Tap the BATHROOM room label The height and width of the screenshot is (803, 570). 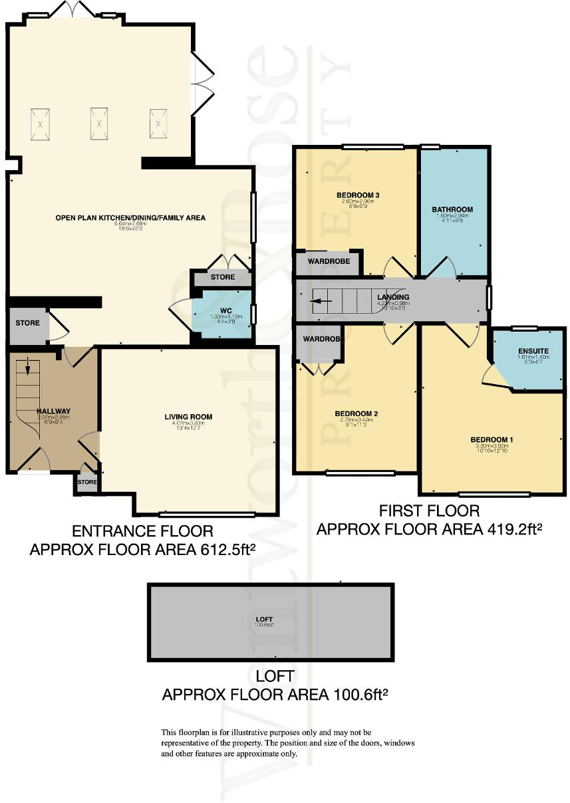452,209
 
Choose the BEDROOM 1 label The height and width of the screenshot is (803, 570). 492,440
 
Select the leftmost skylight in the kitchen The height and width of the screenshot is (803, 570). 41,124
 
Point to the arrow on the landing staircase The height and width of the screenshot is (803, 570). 322,300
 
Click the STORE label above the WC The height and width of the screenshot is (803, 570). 223,277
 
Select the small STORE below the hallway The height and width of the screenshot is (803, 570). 87,482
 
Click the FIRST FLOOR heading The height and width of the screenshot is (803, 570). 429,511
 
